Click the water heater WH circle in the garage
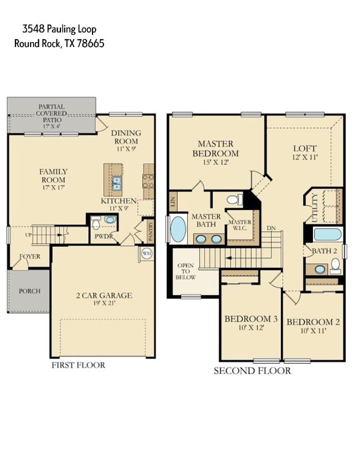pos(146,253)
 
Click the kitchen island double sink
pos(116,183)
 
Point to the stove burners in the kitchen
pos(148,181)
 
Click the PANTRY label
pos(151,230)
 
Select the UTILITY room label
pos(315,208)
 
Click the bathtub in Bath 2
pos(328,234)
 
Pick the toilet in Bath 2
pos(335,266)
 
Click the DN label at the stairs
pos(271,228)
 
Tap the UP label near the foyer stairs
pos(28,235)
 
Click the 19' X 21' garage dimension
pos(104,303)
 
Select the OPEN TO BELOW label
pos(186,271)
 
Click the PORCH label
pos(29,291)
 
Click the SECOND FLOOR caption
pos(253,371)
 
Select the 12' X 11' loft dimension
pos(305,157)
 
